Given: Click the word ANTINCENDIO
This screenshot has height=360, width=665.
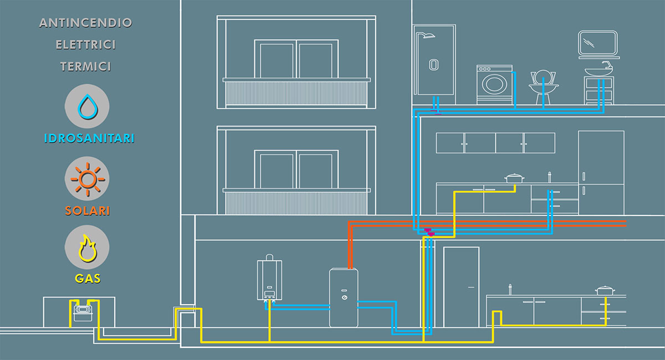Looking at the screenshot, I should click(86, 23).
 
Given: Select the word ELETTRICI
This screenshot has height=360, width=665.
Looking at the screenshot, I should click(86, 45).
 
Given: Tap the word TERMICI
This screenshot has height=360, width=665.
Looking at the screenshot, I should click(86, 66).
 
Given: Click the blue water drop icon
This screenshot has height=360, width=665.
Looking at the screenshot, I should click(87, 106).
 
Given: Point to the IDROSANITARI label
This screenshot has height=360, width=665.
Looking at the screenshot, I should click(89, 138).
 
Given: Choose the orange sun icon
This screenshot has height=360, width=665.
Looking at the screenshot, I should click(87, 179).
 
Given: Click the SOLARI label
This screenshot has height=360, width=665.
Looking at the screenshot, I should click(87, 211).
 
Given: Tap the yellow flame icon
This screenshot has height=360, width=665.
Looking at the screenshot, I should click(87, 248).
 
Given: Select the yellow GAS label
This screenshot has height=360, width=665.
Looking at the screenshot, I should click(87, 279).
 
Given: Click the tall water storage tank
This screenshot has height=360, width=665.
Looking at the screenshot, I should click(344, 297).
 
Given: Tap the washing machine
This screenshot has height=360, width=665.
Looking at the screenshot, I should click(494, 84).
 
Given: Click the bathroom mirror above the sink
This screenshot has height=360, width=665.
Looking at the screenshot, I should click(598, 43).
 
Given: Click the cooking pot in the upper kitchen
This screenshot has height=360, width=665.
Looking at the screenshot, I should click(514, 178).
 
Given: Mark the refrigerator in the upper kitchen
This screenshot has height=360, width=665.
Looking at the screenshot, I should click(601, 172).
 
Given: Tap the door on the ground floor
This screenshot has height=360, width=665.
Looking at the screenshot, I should click(461, 286).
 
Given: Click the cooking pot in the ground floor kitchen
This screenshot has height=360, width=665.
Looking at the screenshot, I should click(605, 290).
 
